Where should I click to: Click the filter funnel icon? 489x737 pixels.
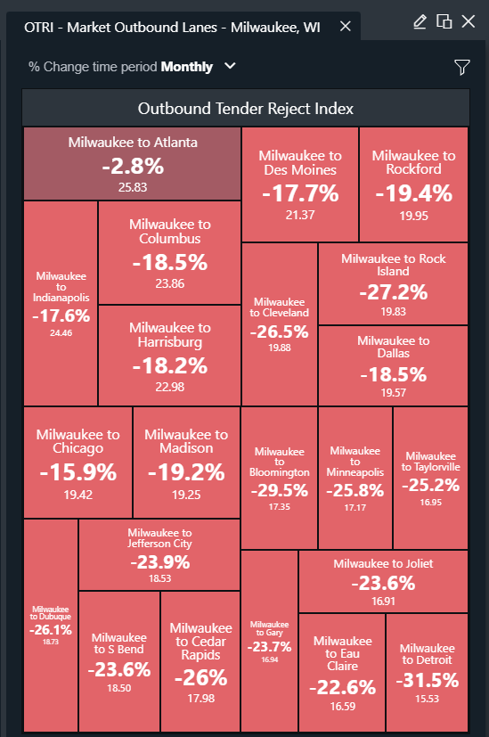point(462,67)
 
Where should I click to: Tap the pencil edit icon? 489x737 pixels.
point(420,21)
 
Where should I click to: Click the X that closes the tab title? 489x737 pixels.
point(346,27)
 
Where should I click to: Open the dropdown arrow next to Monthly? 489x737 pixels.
point(230,66)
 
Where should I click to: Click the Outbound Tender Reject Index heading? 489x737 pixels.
point(246,109)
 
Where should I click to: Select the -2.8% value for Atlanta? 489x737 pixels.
point(133,166)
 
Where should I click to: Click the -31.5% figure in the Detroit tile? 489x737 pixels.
point(427,680)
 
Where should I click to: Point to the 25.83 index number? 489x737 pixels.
point(133,187)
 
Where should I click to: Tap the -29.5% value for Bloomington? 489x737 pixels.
point(280,490)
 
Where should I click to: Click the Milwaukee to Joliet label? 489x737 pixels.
point(383,563)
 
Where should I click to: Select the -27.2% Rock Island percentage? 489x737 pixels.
point(393,292)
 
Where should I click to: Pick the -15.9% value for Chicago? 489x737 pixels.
point(78,472)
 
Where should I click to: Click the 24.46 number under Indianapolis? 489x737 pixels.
point(61,332)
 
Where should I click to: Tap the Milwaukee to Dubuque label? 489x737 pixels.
point(50,613)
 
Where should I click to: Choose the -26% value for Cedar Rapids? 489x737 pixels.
point(201,678)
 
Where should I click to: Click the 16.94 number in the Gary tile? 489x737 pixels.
point(270,659)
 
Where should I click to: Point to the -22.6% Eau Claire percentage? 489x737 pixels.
point(342,687)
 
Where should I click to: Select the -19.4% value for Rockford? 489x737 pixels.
point(414,193)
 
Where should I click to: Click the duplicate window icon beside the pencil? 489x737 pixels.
point(444,21)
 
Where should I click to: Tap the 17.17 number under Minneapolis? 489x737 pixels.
point(355,508)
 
